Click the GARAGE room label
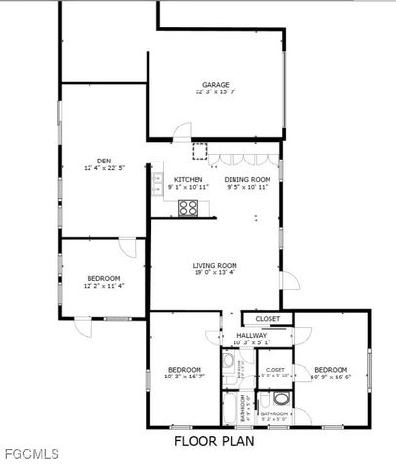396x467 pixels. click(x=215, y=84)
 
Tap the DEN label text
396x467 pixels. click(x=103, y=161)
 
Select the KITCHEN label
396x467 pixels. click(x=188, y=180)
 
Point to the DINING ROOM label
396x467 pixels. click(x=246, y=180)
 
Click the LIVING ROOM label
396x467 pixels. click(x=214, y=265)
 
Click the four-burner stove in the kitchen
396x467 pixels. click(x=188, y=207)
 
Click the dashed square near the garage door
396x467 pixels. click(x=199, y=151)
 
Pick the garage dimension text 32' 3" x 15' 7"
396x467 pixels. click(x=215, y=92)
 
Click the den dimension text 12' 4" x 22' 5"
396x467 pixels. click(x=103, y=168)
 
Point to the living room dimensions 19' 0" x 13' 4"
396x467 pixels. click(x=214, y=273)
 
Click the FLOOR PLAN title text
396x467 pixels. click(x=215, y=440)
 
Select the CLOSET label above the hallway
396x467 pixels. click(x=268, y=319)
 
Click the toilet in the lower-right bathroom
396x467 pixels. click(x=281, y=398)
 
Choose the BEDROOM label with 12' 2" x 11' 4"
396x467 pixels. click(x=102, y=279)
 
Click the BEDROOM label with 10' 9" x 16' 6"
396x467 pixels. click(x=331, y=370)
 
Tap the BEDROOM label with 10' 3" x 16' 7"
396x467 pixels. click(x=184, y=370)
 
